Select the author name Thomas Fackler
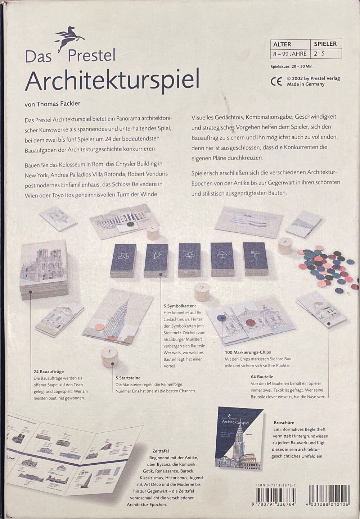tap(53, 104)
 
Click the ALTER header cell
tap(282, 44)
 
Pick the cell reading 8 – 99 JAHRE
tap(290, 54)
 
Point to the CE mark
tap(276, 81)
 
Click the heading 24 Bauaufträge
tap(49, 371)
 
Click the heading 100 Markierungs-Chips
tap(248, 352)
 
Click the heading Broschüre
tap(284, 423)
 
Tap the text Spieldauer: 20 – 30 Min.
tap(292, 67)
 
